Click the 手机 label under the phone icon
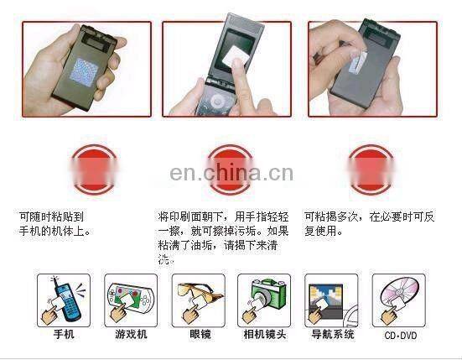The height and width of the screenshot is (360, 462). (63, 334)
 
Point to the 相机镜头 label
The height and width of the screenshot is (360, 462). (264, 334)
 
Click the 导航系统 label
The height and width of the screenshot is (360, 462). (331, 334)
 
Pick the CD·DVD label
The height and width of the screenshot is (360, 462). (400, 334)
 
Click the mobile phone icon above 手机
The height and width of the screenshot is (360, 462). (63, 299)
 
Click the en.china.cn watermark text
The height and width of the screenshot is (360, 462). (231, 174)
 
